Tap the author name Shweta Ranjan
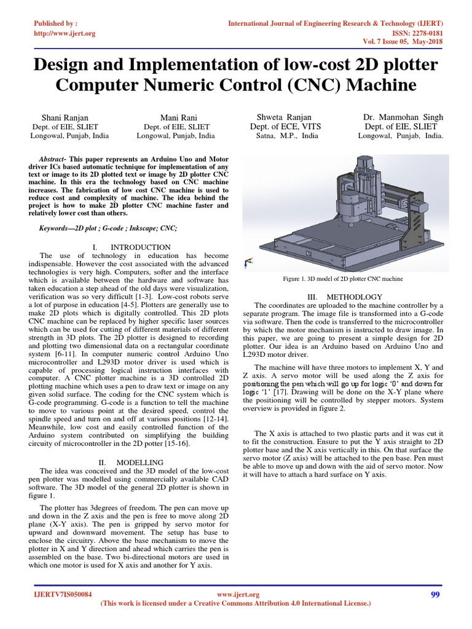(284, 117)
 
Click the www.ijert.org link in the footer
(239, 595)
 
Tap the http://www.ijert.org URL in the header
(64, 33)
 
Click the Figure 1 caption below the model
(342, 278)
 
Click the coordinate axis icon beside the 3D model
(248, 264)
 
